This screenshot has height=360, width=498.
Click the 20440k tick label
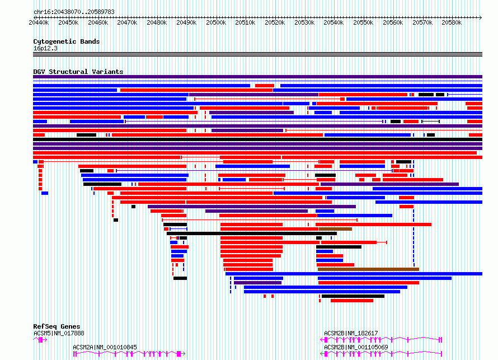pos(39,22)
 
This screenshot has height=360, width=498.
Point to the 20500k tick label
pos(216,22)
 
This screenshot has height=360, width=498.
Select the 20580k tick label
pos(452,22)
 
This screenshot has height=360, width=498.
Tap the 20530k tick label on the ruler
pos(304,22)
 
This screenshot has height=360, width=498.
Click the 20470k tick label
pos(127,22)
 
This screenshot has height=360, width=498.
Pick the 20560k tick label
pos(393,22)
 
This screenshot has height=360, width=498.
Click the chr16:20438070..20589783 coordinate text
pos(74,12)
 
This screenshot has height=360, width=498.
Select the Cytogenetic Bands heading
pos(67,41)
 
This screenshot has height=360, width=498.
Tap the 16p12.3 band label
pos(45,48)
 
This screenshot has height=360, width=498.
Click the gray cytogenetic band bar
pos(257,54)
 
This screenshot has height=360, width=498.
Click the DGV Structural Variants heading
pos(78,72)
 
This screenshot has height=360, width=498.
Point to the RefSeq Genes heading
pos(57,326)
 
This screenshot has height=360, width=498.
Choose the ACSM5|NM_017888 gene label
pos(59,333)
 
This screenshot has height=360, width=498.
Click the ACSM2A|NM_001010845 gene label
pos(105,347)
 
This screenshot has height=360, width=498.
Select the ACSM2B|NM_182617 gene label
pos(351,333)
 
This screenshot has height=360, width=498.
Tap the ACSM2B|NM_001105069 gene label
pos(356,347)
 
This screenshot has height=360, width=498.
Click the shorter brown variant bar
pos(335,229)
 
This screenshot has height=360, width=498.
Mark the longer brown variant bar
pos(368,269)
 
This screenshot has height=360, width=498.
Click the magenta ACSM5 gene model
pos(40,340)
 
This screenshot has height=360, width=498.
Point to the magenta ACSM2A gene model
pos(129,354)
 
